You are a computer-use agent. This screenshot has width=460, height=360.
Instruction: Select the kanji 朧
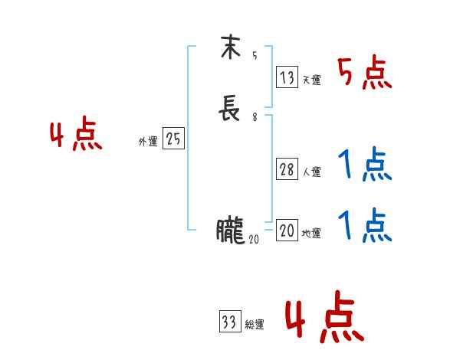[230, 231]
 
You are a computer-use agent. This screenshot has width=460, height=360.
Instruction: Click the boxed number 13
[287, 77]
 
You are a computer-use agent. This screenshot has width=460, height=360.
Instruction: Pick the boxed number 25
[173, 139]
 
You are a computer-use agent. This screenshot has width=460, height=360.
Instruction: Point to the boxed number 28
[287, 170]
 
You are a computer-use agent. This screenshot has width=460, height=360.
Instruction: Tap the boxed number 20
[287, 231]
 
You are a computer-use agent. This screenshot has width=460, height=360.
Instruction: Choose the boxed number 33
[229, 322]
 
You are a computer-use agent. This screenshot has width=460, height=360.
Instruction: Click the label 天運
[311, 80]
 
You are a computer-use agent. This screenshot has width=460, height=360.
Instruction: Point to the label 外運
[148, 142]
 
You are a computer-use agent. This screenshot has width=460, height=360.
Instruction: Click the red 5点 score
[365, 74]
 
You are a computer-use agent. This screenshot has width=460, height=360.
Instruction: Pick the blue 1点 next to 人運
[365, 165]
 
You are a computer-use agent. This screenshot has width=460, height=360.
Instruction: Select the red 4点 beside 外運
[76, 136]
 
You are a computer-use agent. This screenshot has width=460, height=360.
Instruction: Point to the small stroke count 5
[254, 56]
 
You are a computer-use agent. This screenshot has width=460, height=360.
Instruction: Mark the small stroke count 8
[254, 117]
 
